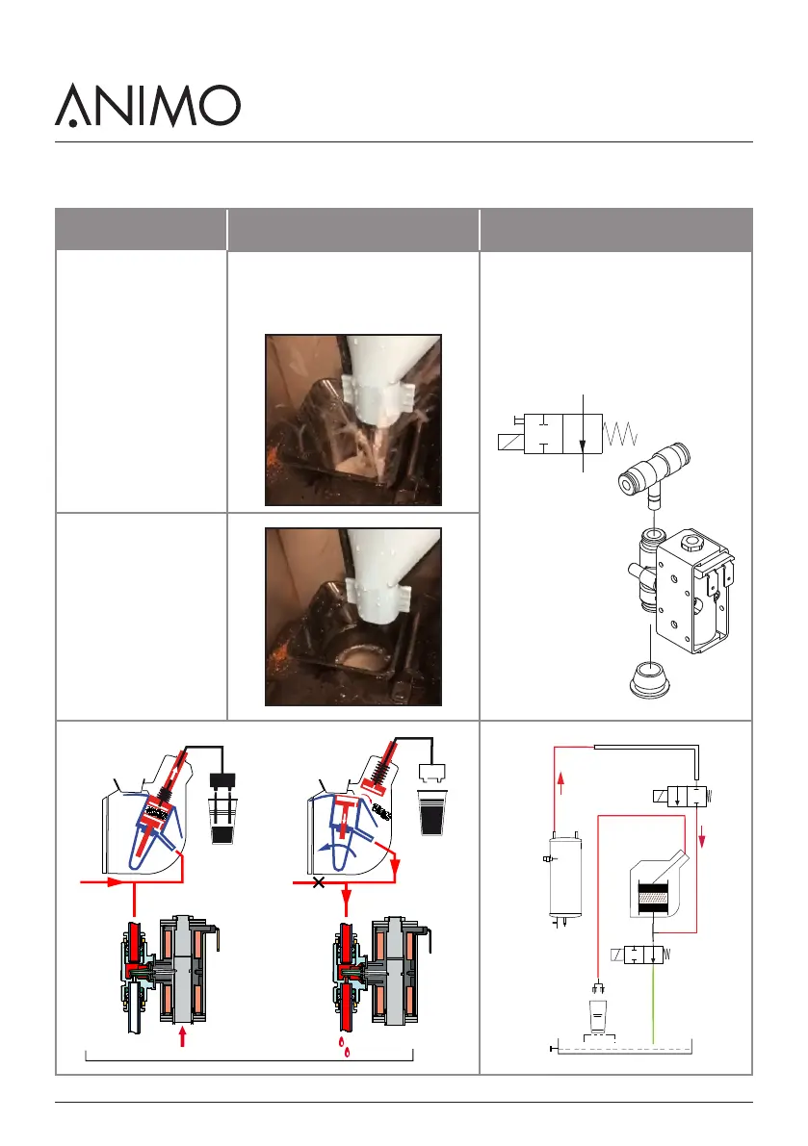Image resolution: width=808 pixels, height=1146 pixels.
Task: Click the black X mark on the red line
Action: tap(319, 882)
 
